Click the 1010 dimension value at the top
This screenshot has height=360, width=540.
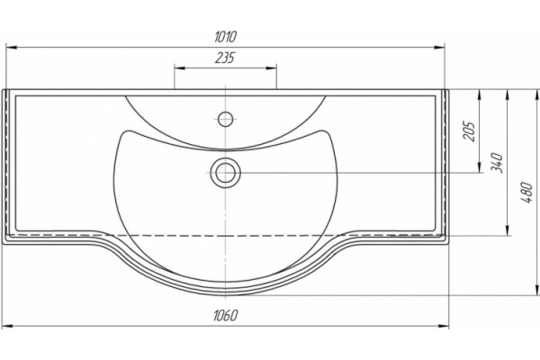click(226, 37)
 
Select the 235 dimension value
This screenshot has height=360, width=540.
click(225, 58)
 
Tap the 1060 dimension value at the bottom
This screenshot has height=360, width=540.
click(226, 315)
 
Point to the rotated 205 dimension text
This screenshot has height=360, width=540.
click(469, 131)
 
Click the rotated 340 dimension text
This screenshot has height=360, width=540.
click(497, 163)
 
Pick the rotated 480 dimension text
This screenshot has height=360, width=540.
click(526, 193)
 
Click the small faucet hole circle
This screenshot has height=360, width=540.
click(226, 119)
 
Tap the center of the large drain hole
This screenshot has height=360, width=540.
click(226, 172)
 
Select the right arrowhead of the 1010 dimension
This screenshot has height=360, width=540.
click(439, 48)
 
